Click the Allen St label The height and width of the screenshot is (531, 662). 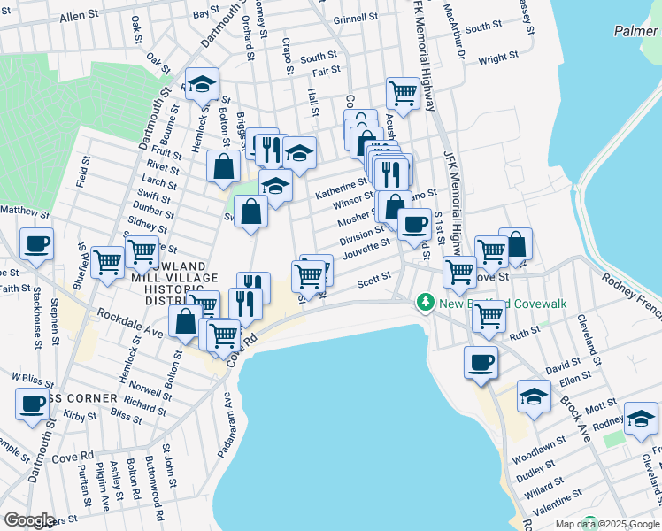pyautogui.click(x=80, y=17)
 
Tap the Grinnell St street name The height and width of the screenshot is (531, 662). pyautogui.click(x=356, y=19)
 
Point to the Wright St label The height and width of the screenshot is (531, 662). pyautogui.click(x=498, y=59)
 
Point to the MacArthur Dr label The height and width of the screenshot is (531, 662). pyautogui.click(x=458, y=35)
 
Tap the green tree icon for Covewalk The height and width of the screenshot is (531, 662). pyautogui.click(x=426, y=304)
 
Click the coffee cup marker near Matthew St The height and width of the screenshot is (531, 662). pyautogui.click(x=36, y=244)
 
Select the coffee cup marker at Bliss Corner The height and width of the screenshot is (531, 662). pyautogui.click(x=32, y=404)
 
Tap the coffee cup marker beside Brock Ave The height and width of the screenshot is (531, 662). pyautogui.click(x=481, y=362)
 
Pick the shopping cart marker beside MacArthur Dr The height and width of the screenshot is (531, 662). pyautogui.click(x=403, y=91)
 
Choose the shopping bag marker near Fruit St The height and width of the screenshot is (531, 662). pyautogui.click(x=224, y=165)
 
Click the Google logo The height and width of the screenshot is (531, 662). pyautogui.click(x=28, y=521)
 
